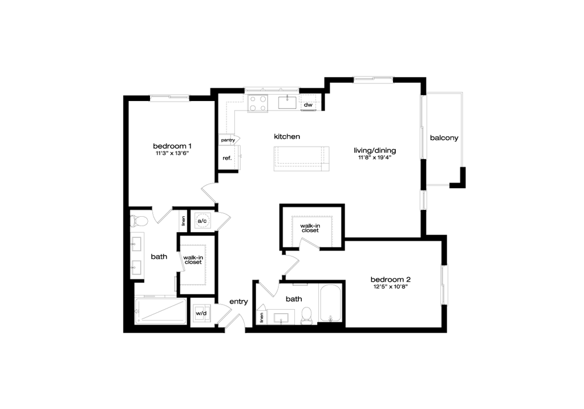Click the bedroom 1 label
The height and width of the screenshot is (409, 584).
point(172,147)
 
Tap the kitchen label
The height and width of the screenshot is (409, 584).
point(286,137)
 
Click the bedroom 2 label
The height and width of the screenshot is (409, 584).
point(391,280)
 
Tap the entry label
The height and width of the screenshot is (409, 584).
point(239,302)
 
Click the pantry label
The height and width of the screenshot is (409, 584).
point(228,139)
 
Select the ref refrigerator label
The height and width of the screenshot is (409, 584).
point(226,157)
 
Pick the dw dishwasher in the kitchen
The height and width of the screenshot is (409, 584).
point(309,105)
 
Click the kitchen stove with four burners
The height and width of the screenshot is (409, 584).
point(257,104)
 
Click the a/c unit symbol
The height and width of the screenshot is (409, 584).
point(202,220)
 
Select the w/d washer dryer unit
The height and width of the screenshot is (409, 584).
point(201,313)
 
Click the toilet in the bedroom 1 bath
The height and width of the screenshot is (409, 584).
point(139,220)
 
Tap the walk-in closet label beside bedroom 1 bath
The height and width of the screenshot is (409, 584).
point(193,261)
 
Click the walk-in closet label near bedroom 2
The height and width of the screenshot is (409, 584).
point(310,227)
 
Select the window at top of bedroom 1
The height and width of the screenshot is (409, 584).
point(169,98)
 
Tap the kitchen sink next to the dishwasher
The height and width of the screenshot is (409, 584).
point(285,103)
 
